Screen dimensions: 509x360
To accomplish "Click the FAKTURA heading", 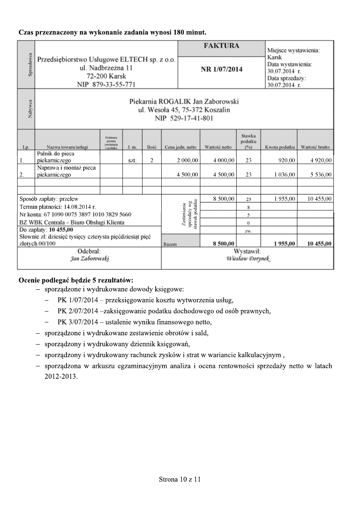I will pyautogui.click(x=221, y=46).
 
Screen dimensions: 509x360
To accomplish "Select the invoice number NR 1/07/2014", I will pyautogui.click(x=221, y=69).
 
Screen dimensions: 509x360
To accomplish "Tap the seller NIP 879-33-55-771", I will pyautogui.click(x=106, y=84).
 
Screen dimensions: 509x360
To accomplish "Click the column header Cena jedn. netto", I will pyautogui.click(x=181, y=148).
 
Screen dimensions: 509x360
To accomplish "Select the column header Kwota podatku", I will pyautogui.click(x=279, y=148).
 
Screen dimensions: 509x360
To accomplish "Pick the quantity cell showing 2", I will pyautogui.click(x=152, y=160).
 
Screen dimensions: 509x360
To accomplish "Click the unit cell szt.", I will pyautogui.click(x=132, y=160).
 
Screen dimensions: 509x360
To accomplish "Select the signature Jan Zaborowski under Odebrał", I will pyautogui.click(x=89, y=258).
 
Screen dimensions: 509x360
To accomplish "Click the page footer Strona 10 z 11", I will pyautogui.click(x=180, y=480).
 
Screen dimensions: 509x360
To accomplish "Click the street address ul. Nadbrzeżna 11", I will pyautogui.click(x=106, y=68).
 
